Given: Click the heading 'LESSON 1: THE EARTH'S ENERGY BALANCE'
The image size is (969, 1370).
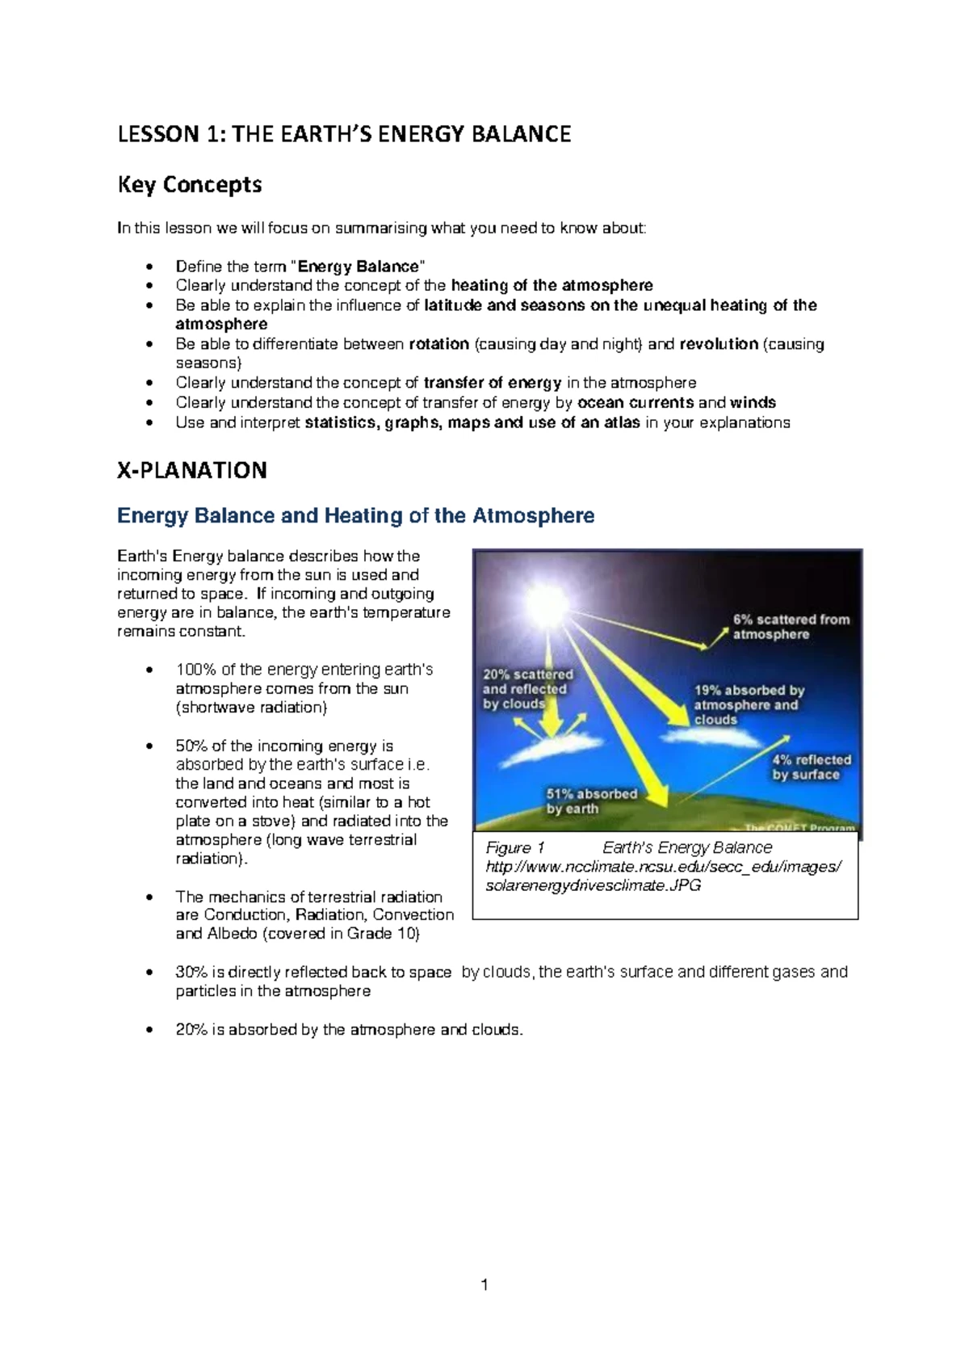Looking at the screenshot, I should pos(344,134).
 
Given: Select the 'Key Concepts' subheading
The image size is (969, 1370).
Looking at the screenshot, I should pos(190,185).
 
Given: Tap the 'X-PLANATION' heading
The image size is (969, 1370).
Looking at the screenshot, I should pos(192,470).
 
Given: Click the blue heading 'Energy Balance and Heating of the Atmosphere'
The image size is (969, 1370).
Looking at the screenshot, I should pos(355,515).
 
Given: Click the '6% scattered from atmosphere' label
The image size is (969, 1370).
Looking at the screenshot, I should pos(791,627).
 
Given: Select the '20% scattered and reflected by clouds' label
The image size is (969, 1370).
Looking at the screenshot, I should pos(527,689).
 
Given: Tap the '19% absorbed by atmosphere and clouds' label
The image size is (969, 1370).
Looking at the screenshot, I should pos(749,704).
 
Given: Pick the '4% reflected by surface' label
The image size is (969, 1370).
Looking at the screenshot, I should pos(811,767).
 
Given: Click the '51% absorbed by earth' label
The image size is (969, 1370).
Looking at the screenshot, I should pos(591,801).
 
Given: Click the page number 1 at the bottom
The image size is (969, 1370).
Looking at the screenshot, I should pos(484,1285).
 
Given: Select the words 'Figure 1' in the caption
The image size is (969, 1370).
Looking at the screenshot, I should pos(515,847).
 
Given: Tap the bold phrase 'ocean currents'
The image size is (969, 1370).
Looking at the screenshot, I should pos(636,402).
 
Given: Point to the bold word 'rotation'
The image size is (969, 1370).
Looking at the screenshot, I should pos(438,344).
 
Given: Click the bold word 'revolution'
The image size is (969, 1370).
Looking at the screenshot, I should pos(719,344).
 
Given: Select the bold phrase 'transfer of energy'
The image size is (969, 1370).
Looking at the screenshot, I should pos(492,383).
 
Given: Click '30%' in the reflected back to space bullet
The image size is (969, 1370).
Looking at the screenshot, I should pos(191,973).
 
